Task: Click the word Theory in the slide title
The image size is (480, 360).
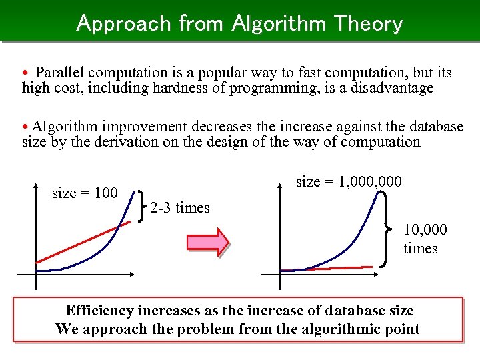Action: coord(368,23)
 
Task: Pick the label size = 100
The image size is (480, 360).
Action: coord(85,193)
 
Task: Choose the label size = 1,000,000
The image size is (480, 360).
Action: coord(349,182)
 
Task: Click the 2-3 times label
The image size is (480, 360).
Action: coord(180,208)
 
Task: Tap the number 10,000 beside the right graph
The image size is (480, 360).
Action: coord(425,230)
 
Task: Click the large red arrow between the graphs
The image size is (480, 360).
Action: coord(207,241)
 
